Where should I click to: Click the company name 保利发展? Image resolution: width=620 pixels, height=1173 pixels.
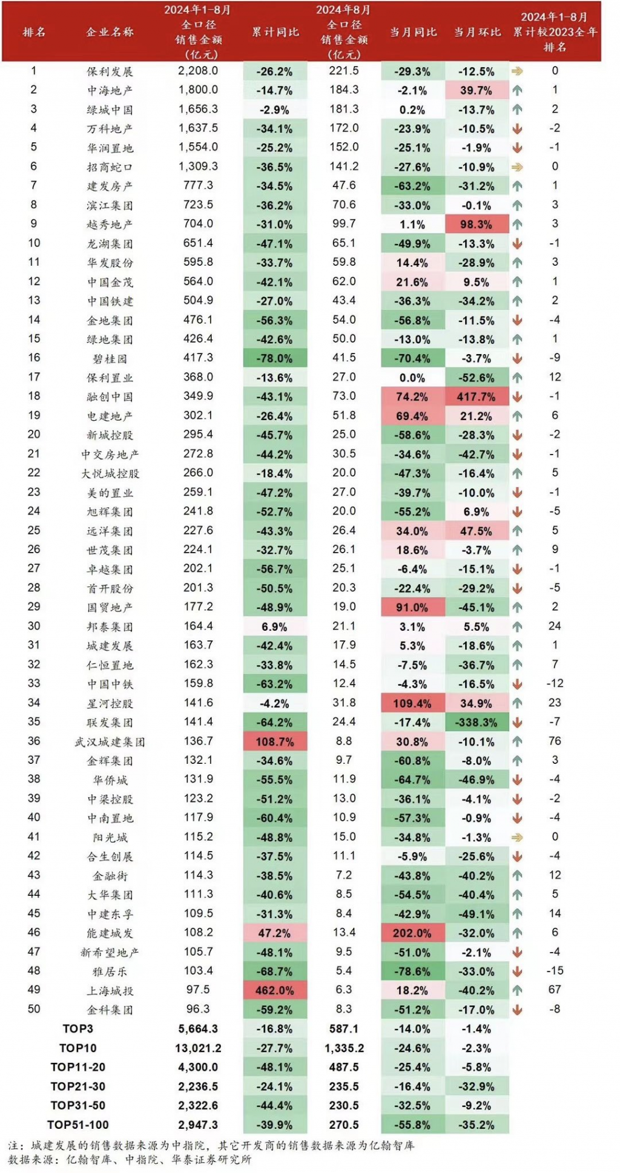tap(110, 71)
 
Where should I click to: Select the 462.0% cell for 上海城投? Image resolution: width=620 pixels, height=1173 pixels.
tap(275, 990)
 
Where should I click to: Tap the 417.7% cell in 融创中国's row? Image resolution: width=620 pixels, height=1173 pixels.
tap(477, 397)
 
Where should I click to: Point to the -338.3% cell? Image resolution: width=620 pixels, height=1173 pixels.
tap(477, 722)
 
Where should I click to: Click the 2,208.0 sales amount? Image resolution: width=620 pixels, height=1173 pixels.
tap(198, 71)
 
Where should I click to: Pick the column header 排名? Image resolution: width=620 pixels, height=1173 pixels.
tap(34, 31)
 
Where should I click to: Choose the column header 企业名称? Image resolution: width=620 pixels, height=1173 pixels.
tap(110, 31)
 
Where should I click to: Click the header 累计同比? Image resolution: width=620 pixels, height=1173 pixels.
tap(275, 31)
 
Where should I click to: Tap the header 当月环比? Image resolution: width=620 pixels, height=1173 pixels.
tap(477, 31)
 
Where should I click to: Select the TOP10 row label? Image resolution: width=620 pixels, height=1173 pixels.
tap(78, 1048)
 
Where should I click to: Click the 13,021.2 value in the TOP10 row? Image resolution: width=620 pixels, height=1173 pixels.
tap(198, 1048)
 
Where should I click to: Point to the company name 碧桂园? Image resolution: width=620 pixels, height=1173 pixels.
tap(110, 358)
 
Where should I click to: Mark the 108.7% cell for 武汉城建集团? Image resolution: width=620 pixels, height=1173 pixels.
tap(275, 741)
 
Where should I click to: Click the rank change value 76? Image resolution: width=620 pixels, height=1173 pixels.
tap(555, 741)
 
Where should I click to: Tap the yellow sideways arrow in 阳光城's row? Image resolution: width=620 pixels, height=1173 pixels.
tap(517, 838)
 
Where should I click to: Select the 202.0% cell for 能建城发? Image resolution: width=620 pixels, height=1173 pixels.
tap(412, 933)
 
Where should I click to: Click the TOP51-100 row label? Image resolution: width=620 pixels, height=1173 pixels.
tap(78, 1125)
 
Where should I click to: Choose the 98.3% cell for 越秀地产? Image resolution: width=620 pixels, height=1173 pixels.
tap(477, 225)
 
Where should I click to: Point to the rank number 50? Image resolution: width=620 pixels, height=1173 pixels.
tap(34, 1008)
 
